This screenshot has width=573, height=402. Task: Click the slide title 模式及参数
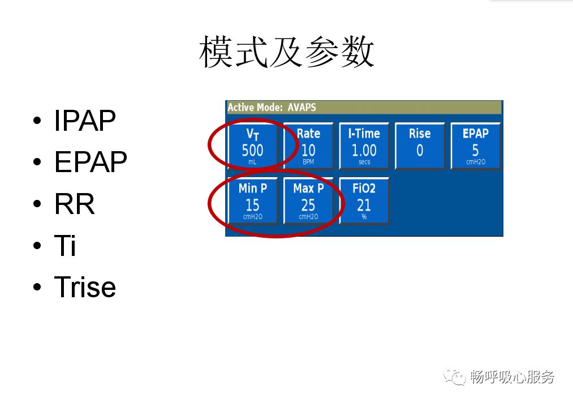(x=287, y=53)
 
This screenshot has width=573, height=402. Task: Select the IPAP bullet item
(x=85, y=121)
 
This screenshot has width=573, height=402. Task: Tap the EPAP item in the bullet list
(x=91, y=162)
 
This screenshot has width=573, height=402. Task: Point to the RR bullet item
(x=74, y=204)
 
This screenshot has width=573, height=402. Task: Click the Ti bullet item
(x=65, y=246)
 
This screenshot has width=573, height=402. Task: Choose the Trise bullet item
(x=85, y=287)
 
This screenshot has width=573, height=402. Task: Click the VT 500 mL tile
(x=252, y=147)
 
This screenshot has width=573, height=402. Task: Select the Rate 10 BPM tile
(x=308, y=147)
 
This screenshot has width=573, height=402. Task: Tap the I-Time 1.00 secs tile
(x=364, y=147)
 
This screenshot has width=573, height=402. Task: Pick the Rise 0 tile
(x=420, y=147)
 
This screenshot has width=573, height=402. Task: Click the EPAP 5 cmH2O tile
(x=475, y=147)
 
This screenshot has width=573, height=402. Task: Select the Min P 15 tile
(x=252, y=201)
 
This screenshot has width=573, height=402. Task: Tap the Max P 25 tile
(x=308, y=201)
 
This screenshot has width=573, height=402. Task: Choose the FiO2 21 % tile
(x=364, y=201)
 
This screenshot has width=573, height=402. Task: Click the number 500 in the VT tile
(x=252, y=151)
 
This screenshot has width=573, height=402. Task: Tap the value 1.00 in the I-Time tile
(x=364, y=151)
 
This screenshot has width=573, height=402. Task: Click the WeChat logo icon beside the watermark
(x=454, y=377)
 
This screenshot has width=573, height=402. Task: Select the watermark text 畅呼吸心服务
(x=512, y=377)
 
